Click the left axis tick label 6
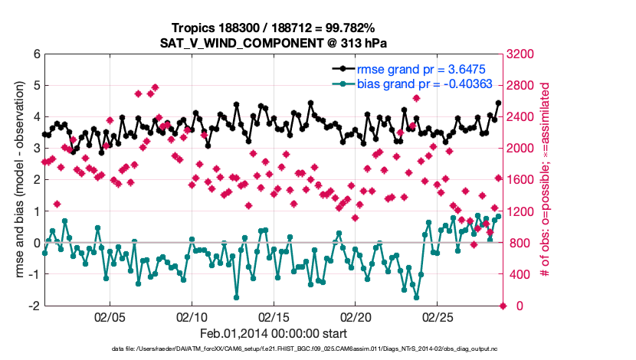pyautogui.click(x=35, y=54)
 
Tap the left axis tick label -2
pyautogui.click(x=33, y=306)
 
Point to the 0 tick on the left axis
pyautogui.click(x=35, y=243)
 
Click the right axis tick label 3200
pyautogui.click(x=523, y=54)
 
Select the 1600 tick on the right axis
pyautogui.click(x=523, y=180)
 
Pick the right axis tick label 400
pyautogui.click(x=520, y=274)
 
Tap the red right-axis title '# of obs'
pyautogui.click(x=546, y=180)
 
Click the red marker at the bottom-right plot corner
pyautogui.click(x=503, y=306)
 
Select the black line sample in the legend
pyautogui.click(x=342, y=68)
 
